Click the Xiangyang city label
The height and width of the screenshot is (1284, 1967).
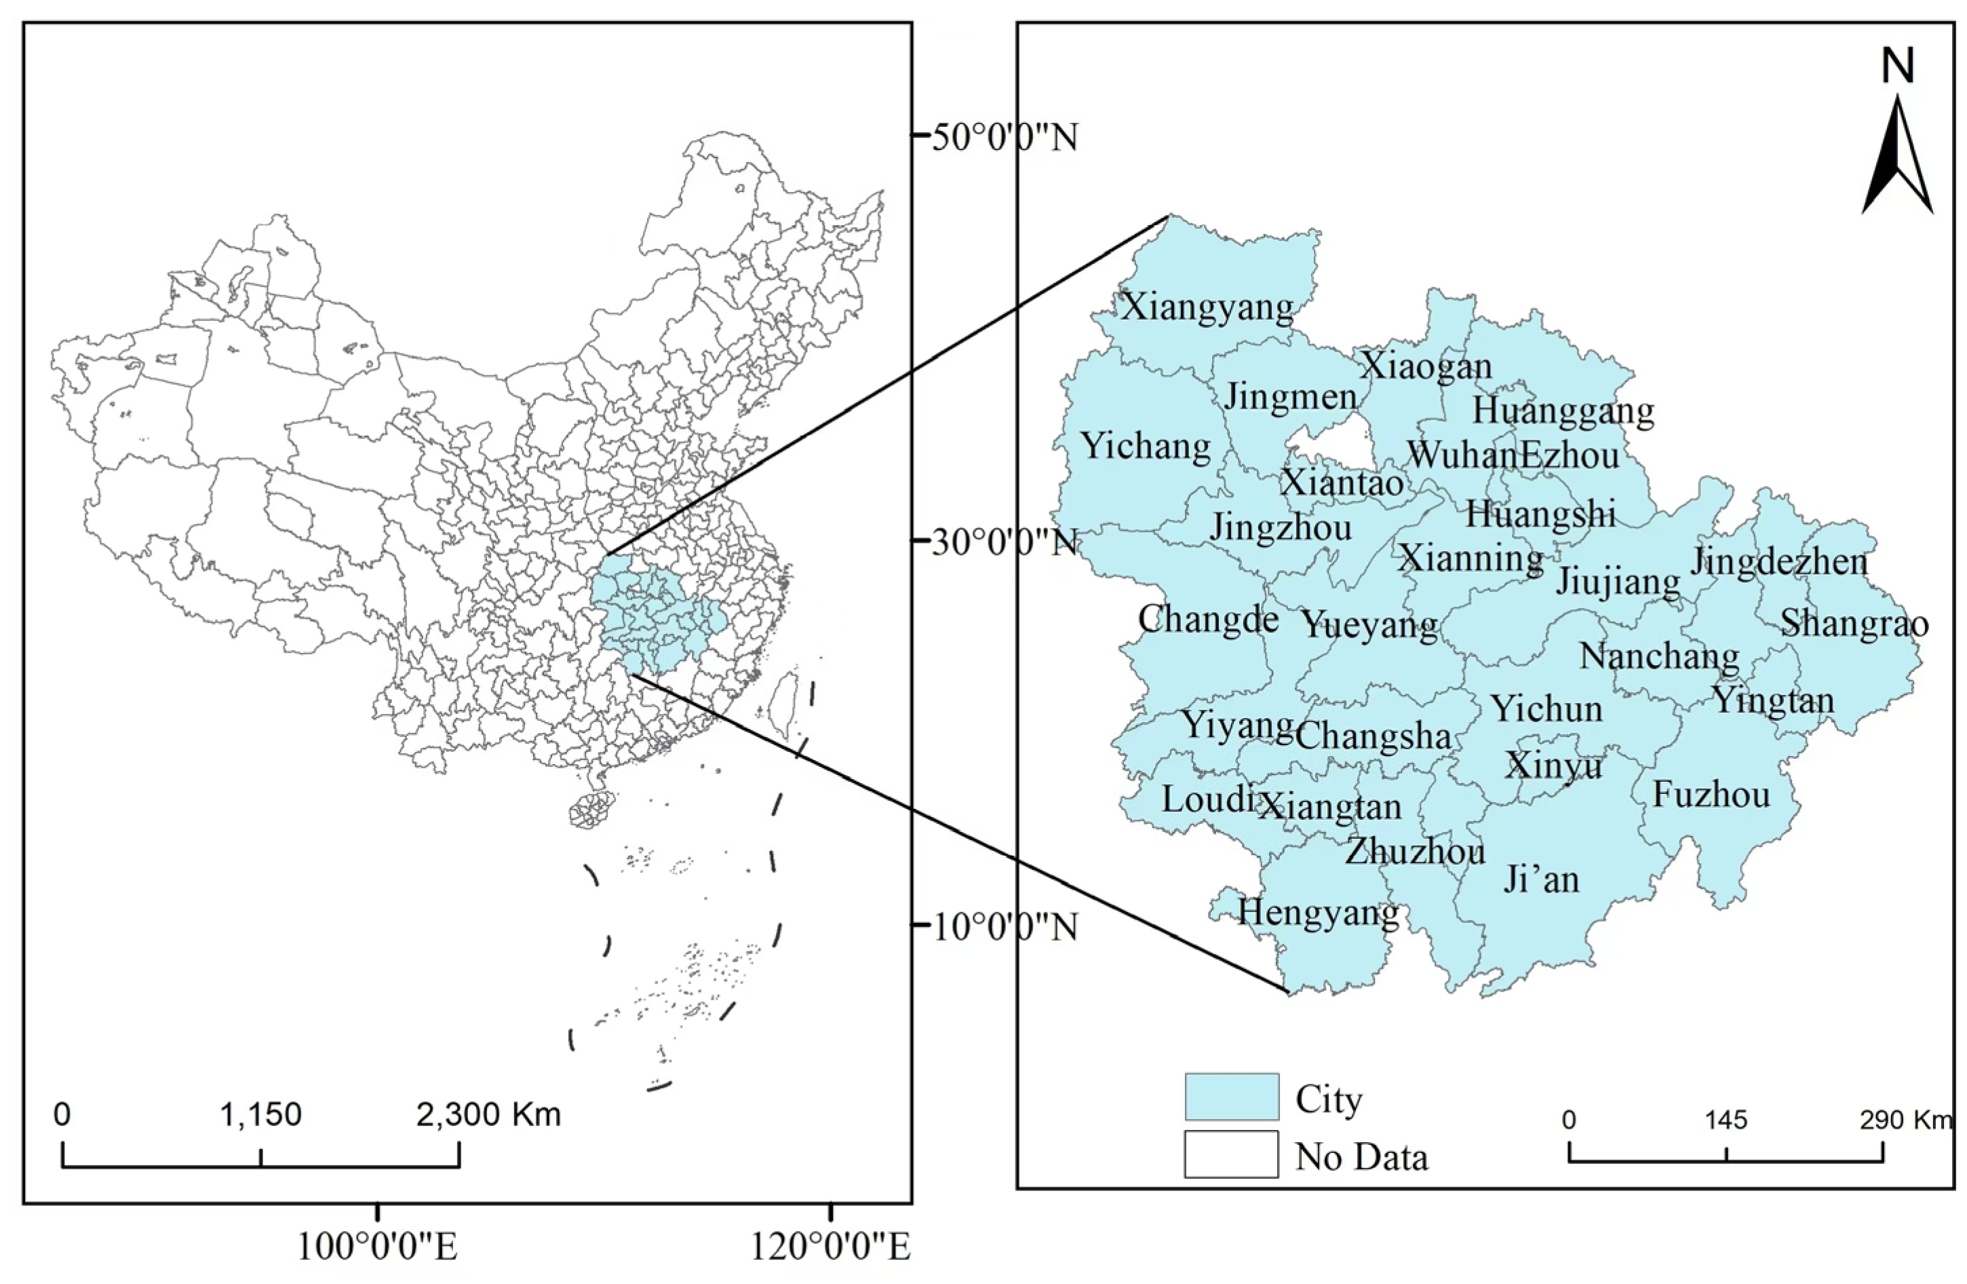click(1207, 308)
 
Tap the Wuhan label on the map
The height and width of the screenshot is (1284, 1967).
click(1461, 455)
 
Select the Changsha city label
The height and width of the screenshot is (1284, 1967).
click(1373, 736)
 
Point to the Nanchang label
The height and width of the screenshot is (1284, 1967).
click(1660, 656)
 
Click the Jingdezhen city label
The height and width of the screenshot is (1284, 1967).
click(1778, 562)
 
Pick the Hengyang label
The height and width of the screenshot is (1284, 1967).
click(1317, 913)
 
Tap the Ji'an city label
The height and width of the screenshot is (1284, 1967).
click(1541, 879)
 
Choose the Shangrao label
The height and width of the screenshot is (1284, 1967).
click(1854, 624)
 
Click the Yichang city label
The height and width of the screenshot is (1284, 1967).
click(1146, 447)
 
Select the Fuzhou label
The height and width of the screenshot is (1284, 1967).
click(1711, 795)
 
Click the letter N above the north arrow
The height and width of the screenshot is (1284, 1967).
click(1898, 66)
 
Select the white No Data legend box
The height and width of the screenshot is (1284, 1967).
click(1232, 1154)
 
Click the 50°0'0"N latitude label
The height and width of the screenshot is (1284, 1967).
click(1004, 137)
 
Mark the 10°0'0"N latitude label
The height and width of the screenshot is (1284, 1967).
click(1004, 928)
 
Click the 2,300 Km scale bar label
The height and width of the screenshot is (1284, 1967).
click(488, 1115)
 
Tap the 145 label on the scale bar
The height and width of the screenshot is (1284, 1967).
click(1726, 1120)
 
